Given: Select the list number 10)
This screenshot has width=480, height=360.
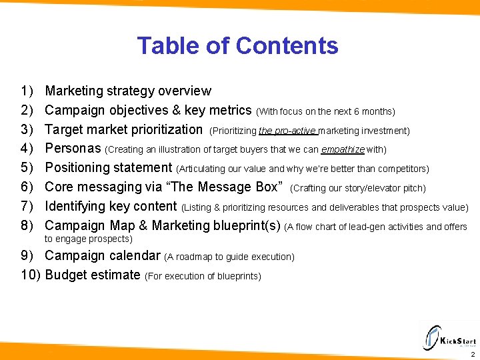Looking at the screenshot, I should coord(31,274).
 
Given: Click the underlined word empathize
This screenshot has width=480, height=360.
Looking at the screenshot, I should coord(343,149).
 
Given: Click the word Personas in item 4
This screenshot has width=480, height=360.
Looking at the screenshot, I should coord(73,148).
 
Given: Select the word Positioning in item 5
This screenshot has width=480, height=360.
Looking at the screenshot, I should coord(78,167).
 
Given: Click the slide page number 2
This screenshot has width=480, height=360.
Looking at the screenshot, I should coord(472,355).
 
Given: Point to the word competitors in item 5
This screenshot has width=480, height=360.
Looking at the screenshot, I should coord(402,169).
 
